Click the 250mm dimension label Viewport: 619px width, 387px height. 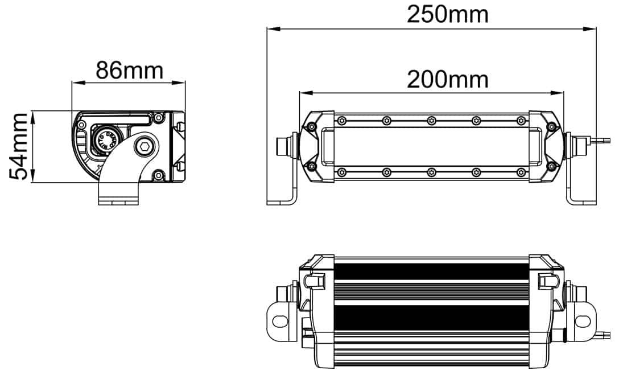coord(447,14)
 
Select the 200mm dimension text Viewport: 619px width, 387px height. coord(447,80)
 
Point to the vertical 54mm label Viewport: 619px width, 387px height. coord(20,146)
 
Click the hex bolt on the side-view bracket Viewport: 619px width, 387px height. coord(144,146)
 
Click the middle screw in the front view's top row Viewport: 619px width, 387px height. coord(431,120)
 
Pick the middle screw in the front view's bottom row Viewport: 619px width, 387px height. coord(431,171)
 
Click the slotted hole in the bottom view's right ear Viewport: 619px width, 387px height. coord(583,321)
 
